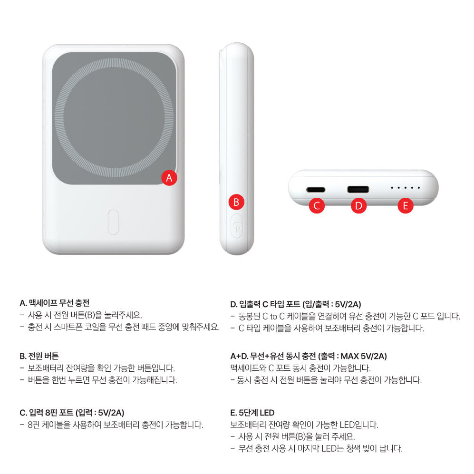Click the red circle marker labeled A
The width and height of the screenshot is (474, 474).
click(169, 178)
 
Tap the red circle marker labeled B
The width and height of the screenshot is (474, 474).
click(236, 202)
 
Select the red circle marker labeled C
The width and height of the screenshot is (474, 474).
click(317, 205)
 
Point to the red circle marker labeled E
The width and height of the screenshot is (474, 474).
click(405, 205)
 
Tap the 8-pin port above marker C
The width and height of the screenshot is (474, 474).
click(316, 189)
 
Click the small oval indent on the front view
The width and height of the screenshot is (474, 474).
click(113, 222)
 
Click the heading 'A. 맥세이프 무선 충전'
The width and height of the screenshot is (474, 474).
click(55, 302)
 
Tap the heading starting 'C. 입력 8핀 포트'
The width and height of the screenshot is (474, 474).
click(72, 412)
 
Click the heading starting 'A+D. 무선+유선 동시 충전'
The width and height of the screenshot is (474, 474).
click(309, 356)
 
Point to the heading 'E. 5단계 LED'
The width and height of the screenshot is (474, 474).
click(252, 413)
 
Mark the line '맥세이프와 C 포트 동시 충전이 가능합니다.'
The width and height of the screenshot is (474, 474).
click(300, 368)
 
